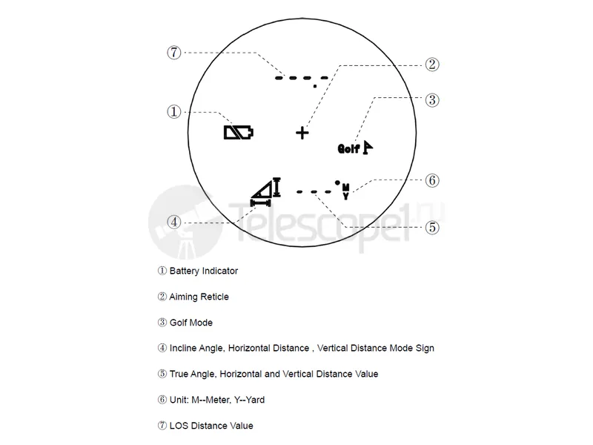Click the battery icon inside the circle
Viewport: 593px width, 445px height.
point(239,133)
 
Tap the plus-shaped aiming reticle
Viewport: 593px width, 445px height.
point(302,133)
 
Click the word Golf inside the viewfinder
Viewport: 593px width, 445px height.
point(348,149)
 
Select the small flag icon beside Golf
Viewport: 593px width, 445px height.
point(367,147)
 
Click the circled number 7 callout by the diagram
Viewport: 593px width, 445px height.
point(174,52)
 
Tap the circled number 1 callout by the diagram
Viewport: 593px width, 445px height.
point(174,112)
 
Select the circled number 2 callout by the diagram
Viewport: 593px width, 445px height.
point(432,65)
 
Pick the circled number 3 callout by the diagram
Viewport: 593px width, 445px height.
point(432,100)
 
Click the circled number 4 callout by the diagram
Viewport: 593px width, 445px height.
point(174,222)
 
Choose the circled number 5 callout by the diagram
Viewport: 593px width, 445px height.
point(432,228)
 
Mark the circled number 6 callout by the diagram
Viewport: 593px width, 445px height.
point(432,180)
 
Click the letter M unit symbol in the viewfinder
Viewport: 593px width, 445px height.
point(345,187)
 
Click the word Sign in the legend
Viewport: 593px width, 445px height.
point(425,348)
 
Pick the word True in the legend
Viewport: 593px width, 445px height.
point(179,374)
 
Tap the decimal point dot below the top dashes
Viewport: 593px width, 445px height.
point(315,86)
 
